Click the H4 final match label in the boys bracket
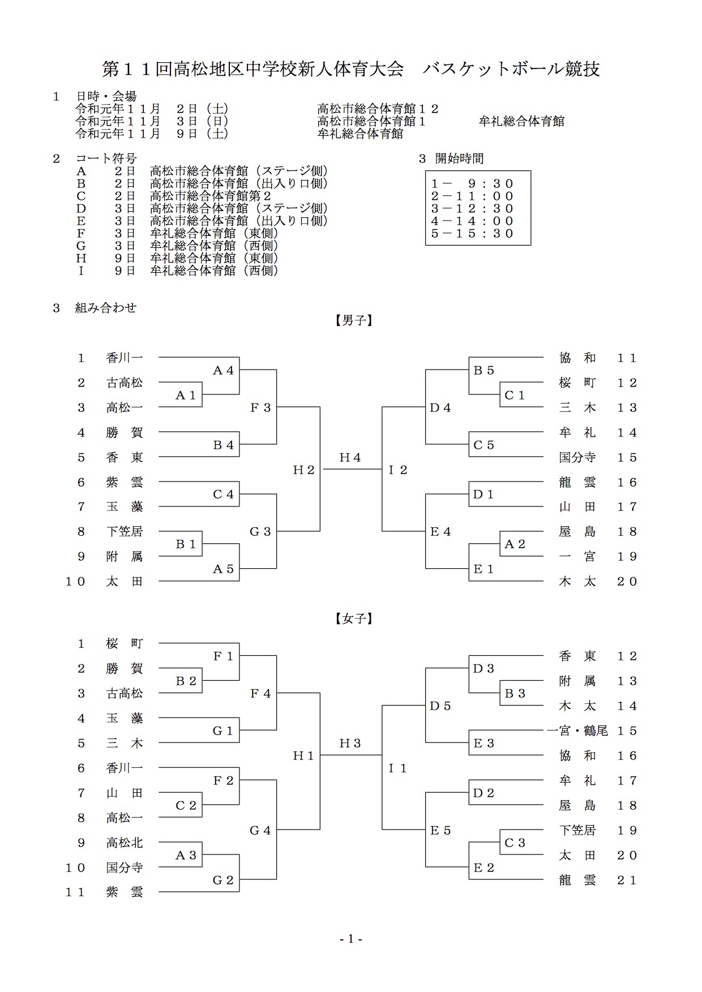350,457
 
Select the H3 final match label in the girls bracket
350,743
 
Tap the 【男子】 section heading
351,321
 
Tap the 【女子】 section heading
351,619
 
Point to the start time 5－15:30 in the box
472,233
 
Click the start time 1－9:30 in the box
472,183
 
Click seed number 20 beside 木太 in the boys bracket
627,581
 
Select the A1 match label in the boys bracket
186,396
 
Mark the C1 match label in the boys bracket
515,396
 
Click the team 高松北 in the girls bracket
125,843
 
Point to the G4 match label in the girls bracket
260,830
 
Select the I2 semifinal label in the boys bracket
398,470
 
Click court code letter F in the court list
82,233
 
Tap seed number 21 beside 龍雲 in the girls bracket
627,880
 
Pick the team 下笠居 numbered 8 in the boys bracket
125,531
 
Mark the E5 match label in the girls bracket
440,830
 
